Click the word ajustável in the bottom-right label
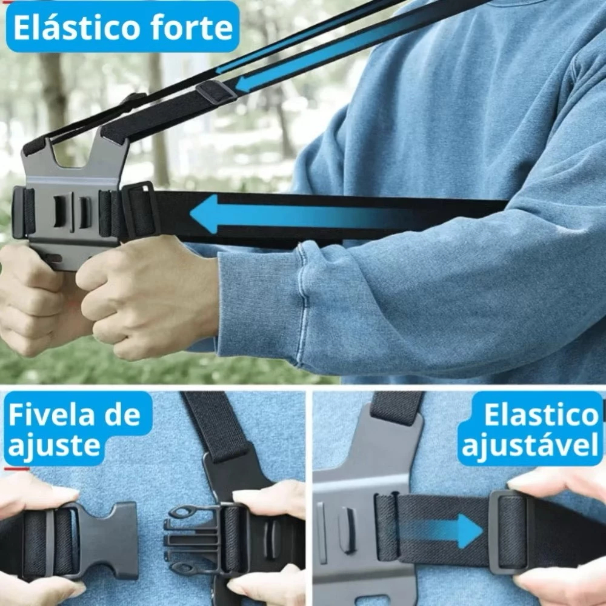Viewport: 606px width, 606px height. (x=530, y=445)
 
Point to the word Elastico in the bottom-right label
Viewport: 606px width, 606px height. (x=541, y=415)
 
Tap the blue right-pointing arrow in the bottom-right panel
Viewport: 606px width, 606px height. (x=444, y=531)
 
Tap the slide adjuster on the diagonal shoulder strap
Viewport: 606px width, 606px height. (x=216, y=92)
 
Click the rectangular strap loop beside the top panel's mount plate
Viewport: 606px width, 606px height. (x=141, y=211)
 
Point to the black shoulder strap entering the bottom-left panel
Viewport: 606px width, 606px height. (x=216, y=425)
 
